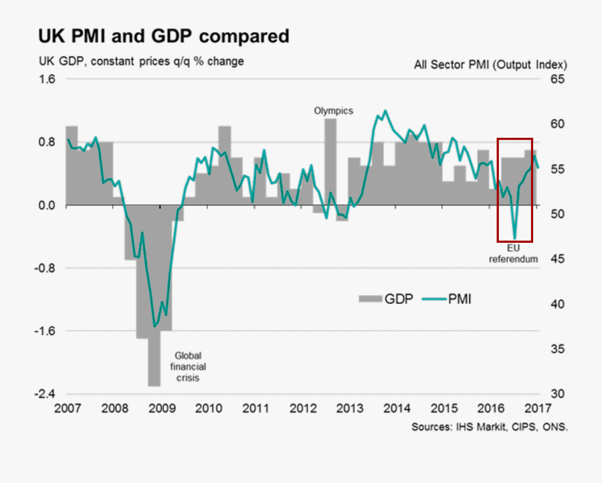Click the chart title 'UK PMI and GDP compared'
(163, 35)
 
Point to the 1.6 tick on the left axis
(46, 80)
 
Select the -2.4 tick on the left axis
(45, 394)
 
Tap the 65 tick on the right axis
(557, 80)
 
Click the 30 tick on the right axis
(557, 394)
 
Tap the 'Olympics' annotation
(333, 111)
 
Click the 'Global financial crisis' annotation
(187, 367)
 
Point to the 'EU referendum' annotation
(513, 254)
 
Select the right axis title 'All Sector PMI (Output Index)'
(490, 65)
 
